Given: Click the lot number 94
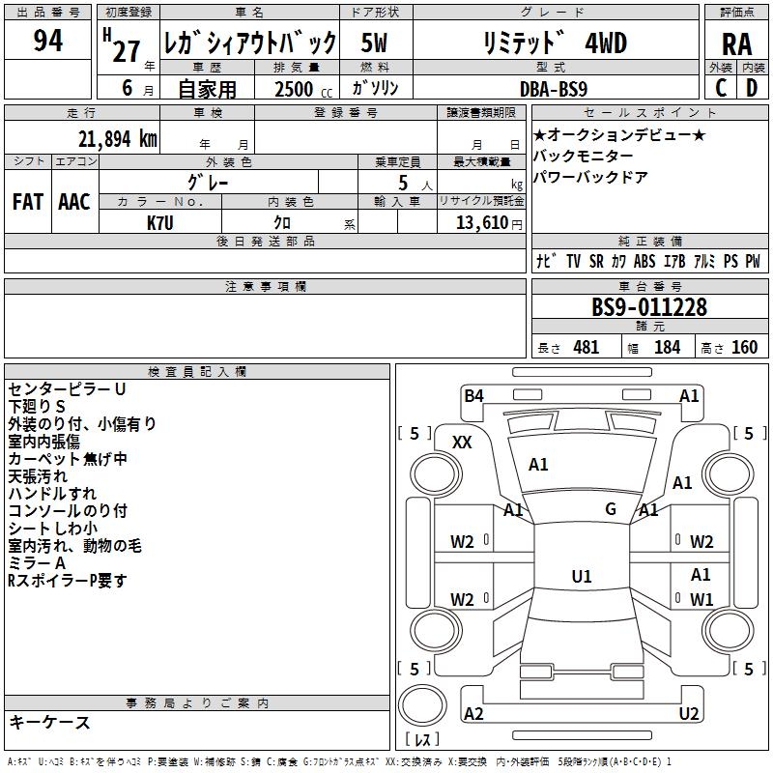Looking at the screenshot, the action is (47, 42).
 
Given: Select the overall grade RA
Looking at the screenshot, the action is (736, 43).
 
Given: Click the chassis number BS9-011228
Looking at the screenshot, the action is (648, 308).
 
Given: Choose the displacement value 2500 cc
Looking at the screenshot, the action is (296, 89).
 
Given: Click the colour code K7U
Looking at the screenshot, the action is (161, 222).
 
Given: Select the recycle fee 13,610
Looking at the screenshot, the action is (480, 222).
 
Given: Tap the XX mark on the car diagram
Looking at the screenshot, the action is (463, 442).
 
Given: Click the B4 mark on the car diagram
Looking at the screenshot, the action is (473, 395).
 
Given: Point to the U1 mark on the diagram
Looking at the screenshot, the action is (581, 577).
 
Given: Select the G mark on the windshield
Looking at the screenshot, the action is (611, 508).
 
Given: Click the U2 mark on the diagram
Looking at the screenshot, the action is (689, 714).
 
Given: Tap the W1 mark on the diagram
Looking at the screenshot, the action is (701, 599).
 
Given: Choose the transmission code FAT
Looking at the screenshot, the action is (28, 201).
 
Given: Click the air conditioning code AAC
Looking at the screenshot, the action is (74, 201).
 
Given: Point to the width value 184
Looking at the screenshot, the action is (668, 348).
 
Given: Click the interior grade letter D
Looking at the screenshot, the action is (751, 88).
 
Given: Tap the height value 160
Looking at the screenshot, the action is (744, 348).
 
